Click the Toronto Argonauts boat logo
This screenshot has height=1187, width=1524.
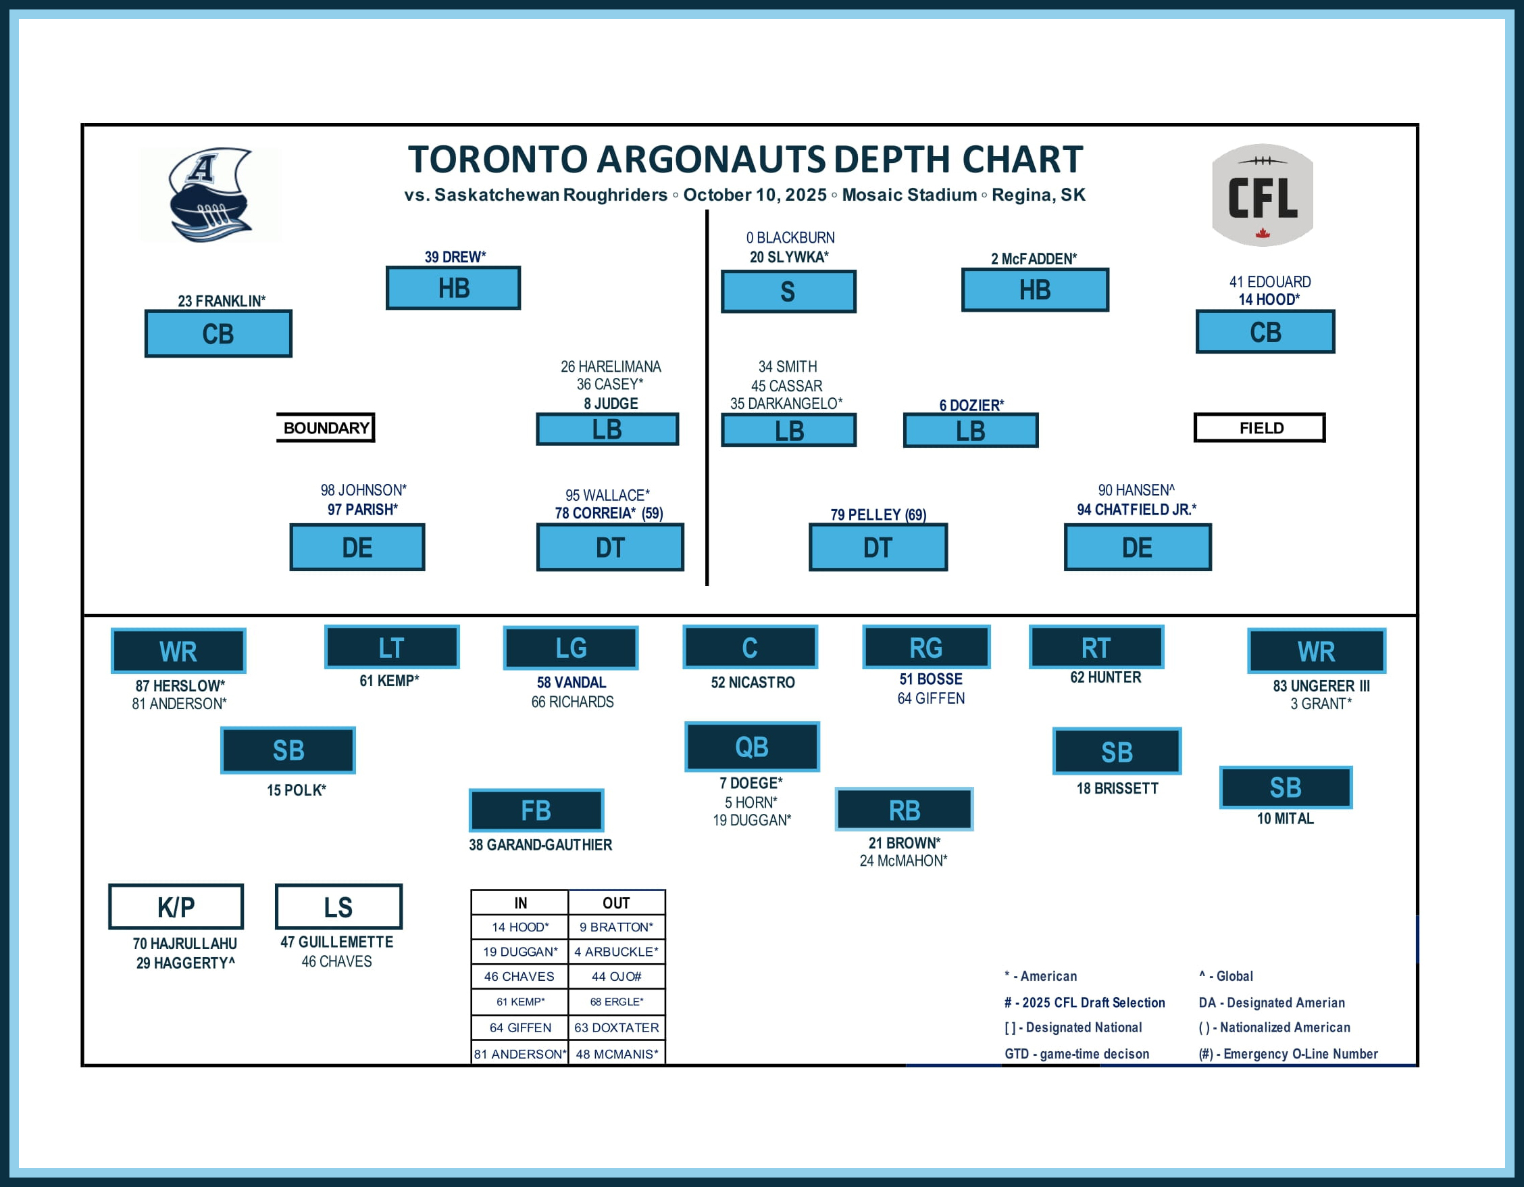pyautogui.click(x=210, y=195)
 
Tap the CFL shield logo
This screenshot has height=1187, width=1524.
pyautogui.click(x=1263, y=195)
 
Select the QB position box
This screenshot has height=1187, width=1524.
pyautogui.click(x=752, y=746)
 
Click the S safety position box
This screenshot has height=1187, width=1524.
pyautogui.click(x=788, y=291)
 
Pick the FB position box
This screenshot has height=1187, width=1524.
pyautogui.click(x=536, y=810)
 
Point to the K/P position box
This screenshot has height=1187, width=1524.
pyautogui.click(x=176, y=906)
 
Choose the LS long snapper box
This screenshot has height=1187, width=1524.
pyautogui.click(x=338, y=906)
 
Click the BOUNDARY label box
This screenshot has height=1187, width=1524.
pyautogui.click(x=326, y=427)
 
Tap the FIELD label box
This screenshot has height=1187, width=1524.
pyautogui.click(x=1260, y=427)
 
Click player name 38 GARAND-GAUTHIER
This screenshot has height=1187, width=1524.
pyautogui.click(x=540, y=845)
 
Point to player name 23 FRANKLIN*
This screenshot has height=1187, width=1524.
pyautogui.click(x=221, y=301)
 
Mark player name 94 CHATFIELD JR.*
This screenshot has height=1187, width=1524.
pyautogui.click(x=1136, y=510)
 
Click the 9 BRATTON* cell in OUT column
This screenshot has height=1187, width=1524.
pyautogui.click(x=616, y=927)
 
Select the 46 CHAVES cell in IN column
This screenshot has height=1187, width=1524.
pyautogui.click(x=519, y=976)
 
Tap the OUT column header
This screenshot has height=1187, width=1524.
pyautogui.click(x=616, y=902)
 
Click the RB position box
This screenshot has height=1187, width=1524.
pyautogui.click(x=905, y=810)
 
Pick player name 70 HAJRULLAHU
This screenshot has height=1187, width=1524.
pyautogui.click(x=185, y=944)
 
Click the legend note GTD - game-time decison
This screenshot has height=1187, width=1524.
pyautogui.click(x=1076, y=1054)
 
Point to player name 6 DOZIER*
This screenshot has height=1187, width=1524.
pyautogui.click(x=971, y=405)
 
